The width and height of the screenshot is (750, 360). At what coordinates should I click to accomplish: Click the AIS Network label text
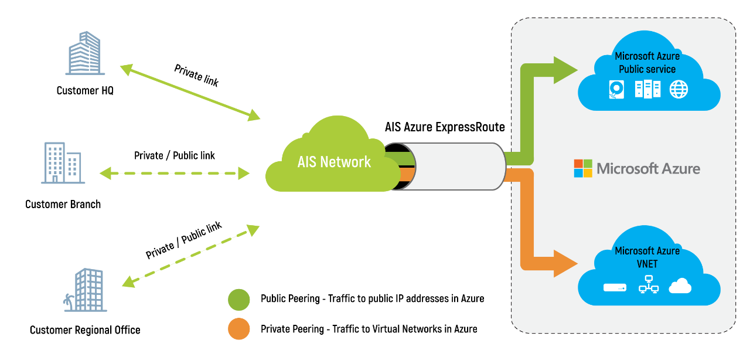pos(334,162)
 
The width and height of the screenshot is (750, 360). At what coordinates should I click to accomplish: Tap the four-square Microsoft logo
pos(583,168)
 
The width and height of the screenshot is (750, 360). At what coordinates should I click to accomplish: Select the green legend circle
pos(239,300)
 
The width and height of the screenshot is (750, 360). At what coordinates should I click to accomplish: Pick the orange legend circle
pos(239,329)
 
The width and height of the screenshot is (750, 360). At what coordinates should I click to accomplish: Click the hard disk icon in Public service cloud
pos(617,90)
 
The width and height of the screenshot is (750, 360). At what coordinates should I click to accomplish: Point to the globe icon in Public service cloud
pos(679,90)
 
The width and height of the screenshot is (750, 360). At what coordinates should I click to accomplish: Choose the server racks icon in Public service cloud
pos(647,89)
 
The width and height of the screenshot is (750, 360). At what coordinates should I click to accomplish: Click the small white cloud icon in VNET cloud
pos(680,286)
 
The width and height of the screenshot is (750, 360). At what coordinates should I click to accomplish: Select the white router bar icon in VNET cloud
pos(615,288)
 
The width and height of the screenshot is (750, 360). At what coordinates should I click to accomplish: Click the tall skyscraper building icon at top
pos(85,53)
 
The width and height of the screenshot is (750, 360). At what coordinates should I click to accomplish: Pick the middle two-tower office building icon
pos(63,163)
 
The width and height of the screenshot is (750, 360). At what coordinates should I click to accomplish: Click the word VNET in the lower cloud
pos(647,264)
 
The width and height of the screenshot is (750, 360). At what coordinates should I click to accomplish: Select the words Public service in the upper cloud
pos(647,69)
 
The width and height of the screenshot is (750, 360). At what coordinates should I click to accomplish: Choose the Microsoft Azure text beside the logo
pos(648,169)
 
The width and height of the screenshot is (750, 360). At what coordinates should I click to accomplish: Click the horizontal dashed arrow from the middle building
pos(175,173)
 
